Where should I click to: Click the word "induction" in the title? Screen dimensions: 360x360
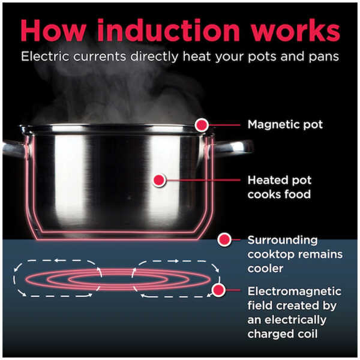[169, 31]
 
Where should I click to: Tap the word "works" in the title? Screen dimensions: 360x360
[295, 31]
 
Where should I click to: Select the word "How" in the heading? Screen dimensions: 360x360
[53, 31]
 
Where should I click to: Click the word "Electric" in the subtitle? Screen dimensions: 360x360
[45, 56]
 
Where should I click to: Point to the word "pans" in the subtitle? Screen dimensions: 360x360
[324, 58]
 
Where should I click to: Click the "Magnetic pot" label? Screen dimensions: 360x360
[285, 125]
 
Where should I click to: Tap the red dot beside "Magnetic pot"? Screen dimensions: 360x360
[202, 125]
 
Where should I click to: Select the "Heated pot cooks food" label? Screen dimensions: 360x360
[280, 187]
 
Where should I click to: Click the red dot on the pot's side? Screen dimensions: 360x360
[159, 180]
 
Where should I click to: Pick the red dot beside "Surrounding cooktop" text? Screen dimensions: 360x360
[224, 239]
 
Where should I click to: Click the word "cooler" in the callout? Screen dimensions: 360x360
[265, 268]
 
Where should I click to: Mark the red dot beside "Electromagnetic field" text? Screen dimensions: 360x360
[218, 290]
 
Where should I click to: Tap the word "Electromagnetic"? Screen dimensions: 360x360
[295, 292]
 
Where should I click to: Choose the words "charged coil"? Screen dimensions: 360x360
[283, 334]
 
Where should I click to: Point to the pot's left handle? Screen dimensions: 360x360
[14, 149]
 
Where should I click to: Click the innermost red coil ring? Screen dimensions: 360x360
[118, 275]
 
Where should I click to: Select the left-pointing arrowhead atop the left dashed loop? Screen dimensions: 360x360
[58, 260]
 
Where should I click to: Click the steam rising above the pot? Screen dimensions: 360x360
[115, 92]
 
